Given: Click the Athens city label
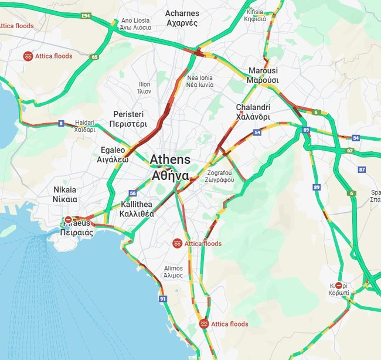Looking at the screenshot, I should (170, 167).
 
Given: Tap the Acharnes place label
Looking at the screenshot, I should (182, 18).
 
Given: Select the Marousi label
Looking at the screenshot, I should (262, 75).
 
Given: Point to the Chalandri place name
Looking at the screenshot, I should (253, 112).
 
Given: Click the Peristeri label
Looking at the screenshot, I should (128, 119).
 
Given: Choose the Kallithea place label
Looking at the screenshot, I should (137, 209).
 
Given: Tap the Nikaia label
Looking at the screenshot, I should (64, 195).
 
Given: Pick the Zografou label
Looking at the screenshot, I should (220, 176).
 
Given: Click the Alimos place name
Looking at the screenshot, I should (173, 271).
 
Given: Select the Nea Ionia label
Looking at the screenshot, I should (200, 81).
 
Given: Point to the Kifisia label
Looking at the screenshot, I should (255, 15).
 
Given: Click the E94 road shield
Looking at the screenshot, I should (86, 15).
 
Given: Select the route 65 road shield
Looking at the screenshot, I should (94, 57).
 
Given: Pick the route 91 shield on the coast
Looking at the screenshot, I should (162, 298).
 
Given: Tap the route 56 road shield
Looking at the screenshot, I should (133, 193).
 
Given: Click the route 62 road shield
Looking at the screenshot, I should (350, 151).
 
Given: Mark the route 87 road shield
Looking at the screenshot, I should (362, 169).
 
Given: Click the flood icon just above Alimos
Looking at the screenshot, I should (176, 243).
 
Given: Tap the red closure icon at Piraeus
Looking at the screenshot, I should (68, 219).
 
